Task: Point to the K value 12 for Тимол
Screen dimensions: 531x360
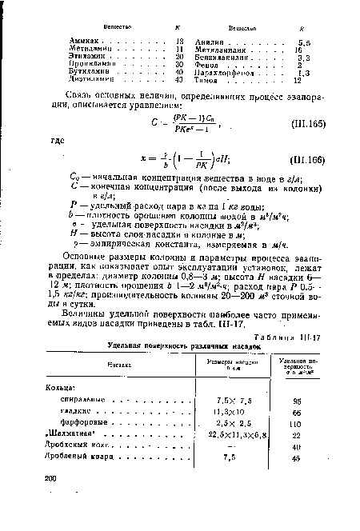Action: click(298, 80)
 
